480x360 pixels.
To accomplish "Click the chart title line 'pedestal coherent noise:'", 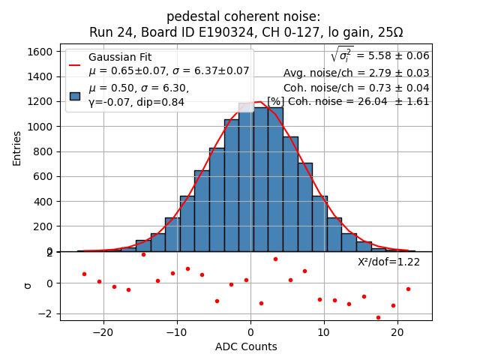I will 243,16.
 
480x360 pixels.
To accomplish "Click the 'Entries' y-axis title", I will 17,148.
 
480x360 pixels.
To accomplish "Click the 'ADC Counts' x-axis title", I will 246,346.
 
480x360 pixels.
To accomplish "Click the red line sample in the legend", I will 75,64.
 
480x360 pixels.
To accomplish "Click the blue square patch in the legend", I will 75,95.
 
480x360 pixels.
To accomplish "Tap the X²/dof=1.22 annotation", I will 388,262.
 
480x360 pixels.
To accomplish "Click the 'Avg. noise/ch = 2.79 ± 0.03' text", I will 356,73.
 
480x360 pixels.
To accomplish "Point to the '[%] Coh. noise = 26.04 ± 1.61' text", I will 348,101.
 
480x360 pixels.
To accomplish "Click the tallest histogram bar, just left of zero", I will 246,180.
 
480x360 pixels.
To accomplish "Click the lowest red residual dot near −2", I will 378,317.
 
